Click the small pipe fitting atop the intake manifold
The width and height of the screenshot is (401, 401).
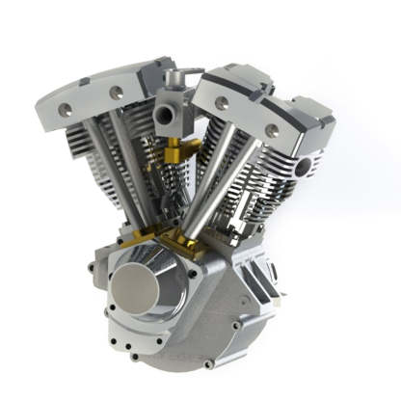[173, 77]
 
